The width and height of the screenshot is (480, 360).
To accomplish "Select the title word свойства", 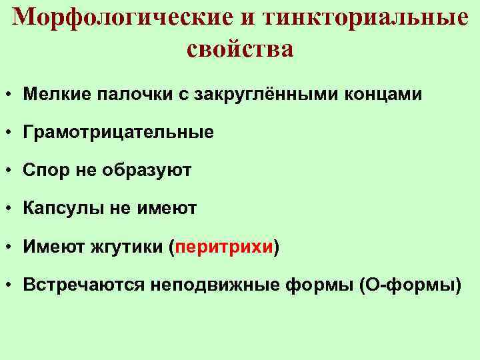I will [x=240, y=49].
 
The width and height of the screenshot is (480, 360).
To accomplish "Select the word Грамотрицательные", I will [x=118, y=133].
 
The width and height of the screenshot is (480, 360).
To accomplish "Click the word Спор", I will [x=45, y=171].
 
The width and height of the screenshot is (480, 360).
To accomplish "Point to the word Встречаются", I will [x=84, y=286].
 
